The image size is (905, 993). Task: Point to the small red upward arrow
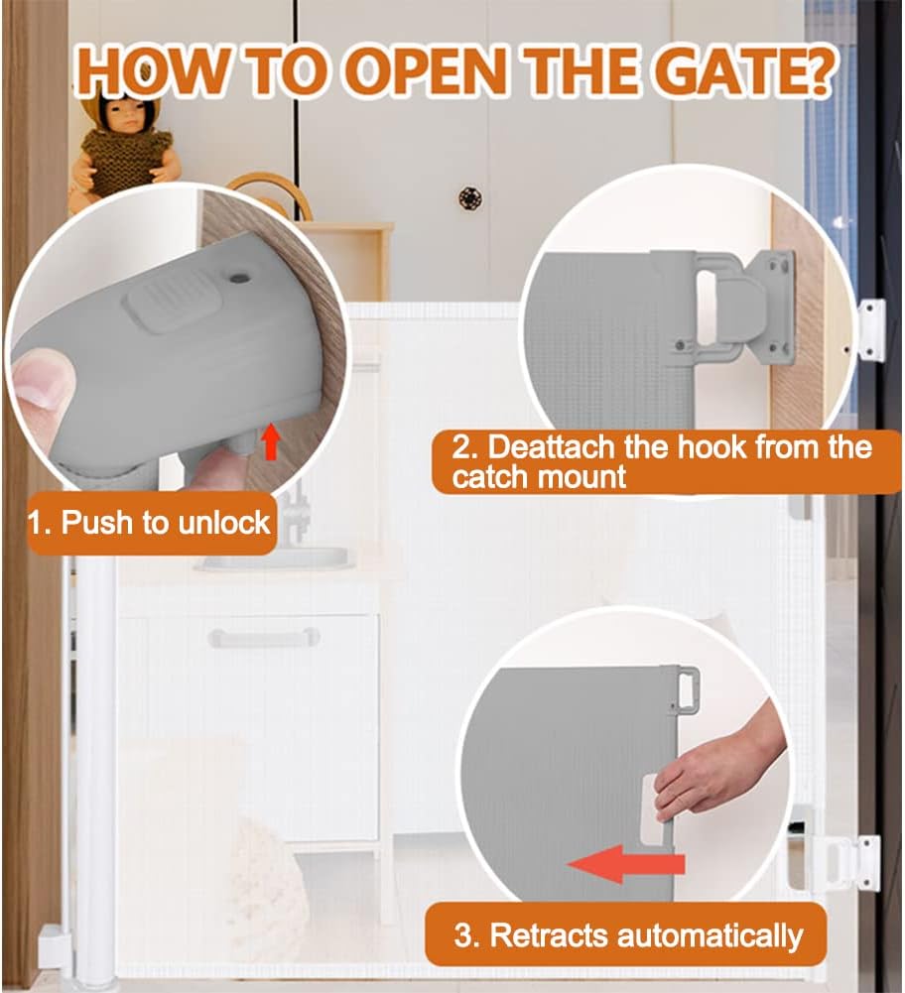(271, 441)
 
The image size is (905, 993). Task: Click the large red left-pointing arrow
(626, 864)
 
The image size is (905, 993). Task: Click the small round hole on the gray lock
(238, 279)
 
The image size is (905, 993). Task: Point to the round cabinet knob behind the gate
(470, 197)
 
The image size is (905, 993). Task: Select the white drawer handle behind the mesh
(263, 637)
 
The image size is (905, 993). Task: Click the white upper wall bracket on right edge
(870, 330)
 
